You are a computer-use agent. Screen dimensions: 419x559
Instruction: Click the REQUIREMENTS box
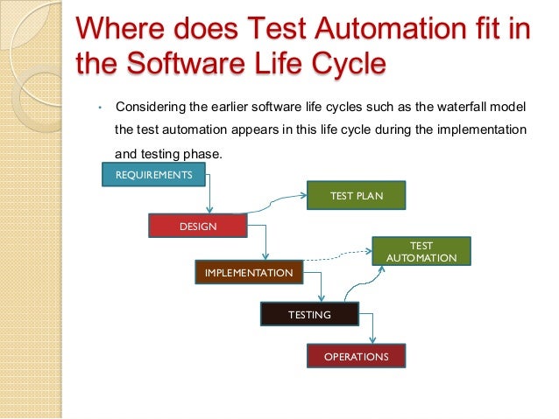[153, 175]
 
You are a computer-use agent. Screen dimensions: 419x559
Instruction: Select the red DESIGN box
[198, 227]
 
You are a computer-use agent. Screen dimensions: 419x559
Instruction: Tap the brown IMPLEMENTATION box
[249, 273]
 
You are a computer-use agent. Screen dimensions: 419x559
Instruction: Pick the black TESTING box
[309, 314]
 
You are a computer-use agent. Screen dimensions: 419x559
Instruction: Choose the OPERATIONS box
[356, 356]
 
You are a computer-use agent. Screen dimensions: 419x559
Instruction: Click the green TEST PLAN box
[356, 196]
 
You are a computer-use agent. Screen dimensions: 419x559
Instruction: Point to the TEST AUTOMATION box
[421, 252]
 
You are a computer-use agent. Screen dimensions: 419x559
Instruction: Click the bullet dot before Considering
[101, 108]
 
